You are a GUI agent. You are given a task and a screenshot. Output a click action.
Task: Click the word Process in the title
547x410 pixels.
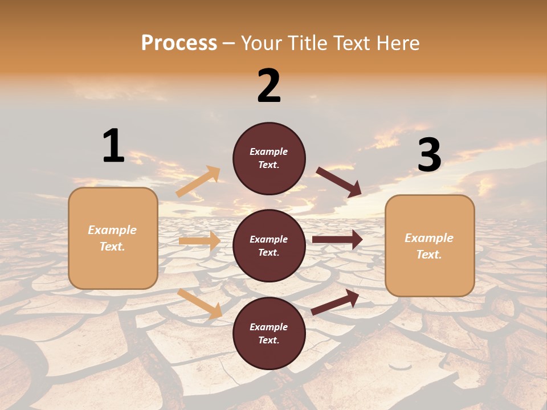(x=179, y=43)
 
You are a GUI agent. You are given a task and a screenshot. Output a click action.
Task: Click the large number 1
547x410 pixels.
(x=113, y=146)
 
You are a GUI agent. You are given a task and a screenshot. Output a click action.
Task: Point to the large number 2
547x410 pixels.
(x=269, y=86)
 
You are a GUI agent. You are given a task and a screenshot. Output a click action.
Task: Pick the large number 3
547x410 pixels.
(x=429, y=155)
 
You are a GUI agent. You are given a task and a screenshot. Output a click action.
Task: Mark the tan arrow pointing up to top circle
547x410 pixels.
(x=198, y=182)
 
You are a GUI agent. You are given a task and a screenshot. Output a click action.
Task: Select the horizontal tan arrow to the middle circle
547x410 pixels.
(x=199, y=241)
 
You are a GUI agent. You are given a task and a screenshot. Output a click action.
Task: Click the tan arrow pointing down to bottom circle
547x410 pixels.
(x=200, y=303)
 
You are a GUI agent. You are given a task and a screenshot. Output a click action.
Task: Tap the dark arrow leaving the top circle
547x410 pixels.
(x=339, y=182)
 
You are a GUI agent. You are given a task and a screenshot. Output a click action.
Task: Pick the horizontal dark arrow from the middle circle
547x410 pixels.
(x=337, y=240)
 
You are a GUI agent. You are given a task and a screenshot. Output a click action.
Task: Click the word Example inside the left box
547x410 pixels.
(x=112, y=230)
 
